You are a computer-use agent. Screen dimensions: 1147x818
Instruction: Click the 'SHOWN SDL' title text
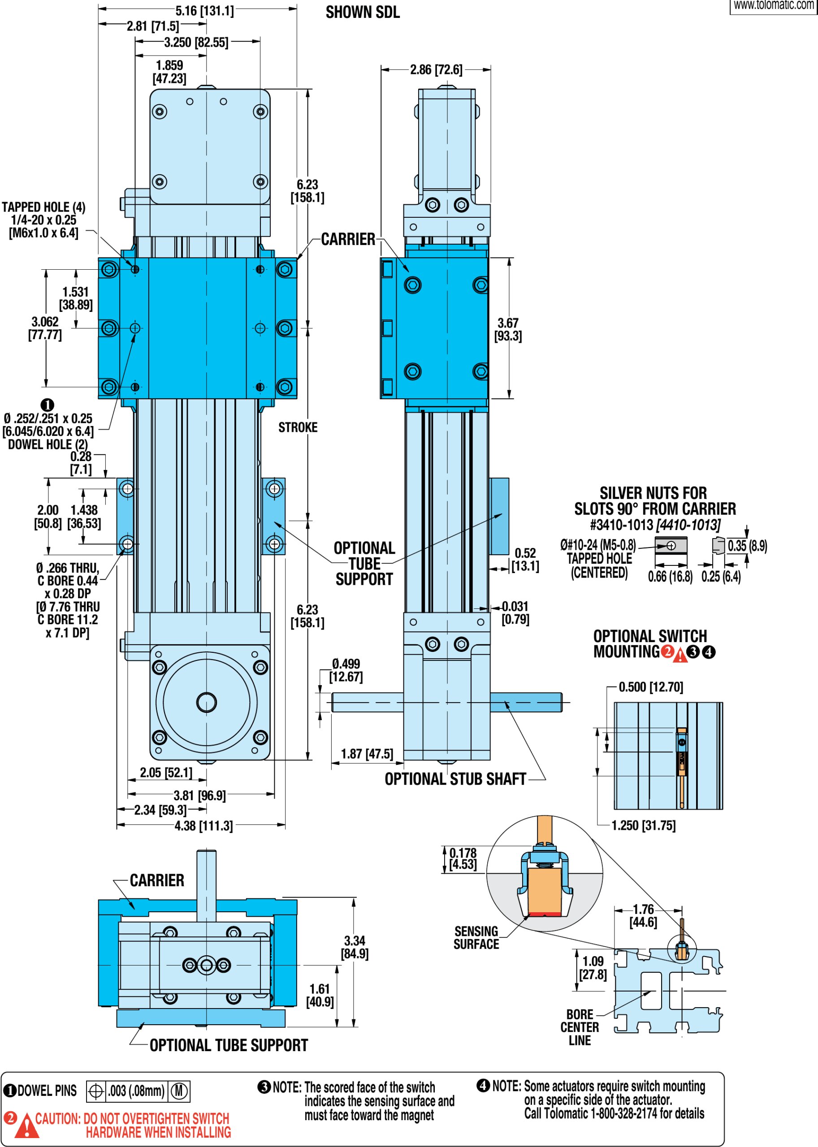point(362,12)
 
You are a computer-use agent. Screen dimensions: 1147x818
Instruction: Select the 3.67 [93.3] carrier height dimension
point(508,329)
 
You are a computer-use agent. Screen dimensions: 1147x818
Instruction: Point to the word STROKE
point(298,427)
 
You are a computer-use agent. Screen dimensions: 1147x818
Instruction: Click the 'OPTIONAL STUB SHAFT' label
point(455,779)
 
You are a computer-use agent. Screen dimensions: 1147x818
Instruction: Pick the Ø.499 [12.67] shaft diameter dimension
point(346,670)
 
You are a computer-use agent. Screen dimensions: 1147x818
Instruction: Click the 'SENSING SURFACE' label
point(476,938)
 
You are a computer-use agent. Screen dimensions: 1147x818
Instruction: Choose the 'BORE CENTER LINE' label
point(579,1027)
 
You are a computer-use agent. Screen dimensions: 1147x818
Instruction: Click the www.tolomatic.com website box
point(773,6)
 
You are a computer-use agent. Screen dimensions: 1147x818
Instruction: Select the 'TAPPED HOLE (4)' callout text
point(43,207)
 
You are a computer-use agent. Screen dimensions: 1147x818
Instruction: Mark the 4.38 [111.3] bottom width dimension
point(203,826)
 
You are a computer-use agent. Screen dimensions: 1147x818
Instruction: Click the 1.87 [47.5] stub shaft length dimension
point(367,754)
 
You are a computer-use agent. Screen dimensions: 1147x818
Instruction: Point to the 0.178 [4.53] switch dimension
point(463,858)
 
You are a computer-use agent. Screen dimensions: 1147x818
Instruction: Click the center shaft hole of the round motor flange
point(207,702)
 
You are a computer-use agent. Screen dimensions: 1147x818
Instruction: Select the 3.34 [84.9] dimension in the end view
point(355,947)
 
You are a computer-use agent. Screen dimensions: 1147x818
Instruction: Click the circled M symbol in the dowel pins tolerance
point(179,1091)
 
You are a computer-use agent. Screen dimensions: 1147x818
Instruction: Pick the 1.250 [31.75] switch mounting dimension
point(643,825)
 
